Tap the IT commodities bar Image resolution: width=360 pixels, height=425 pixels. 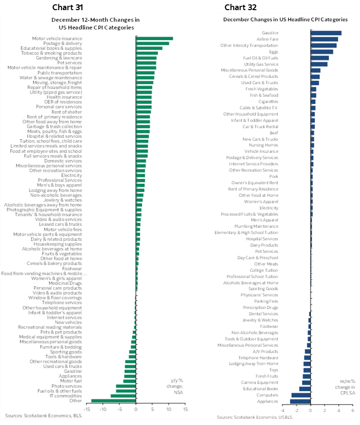tap(123, 396)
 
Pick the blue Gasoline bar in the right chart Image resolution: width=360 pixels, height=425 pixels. tap(326, 33)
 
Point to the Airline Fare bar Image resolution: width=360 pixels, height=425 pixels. tap(324, 39)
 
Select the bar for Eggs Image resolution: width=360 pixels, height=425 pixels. tap(322, 52)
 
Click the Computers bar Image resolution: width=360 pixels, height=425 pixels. tap(301, 395)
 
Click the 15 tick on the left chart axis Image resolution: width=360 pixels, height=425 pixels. tap(185, 410)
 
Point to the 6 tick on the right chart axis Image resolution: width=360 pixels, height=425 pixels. tap(352, 410)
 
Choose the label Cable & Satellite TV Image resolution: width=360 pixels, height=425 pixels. tap(261, 108)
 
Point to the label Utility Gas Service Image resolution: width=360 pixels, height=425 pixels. tap(261, 64)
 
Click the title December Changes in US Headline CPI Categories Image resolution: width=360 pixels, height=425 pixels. tap(285, 20)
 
